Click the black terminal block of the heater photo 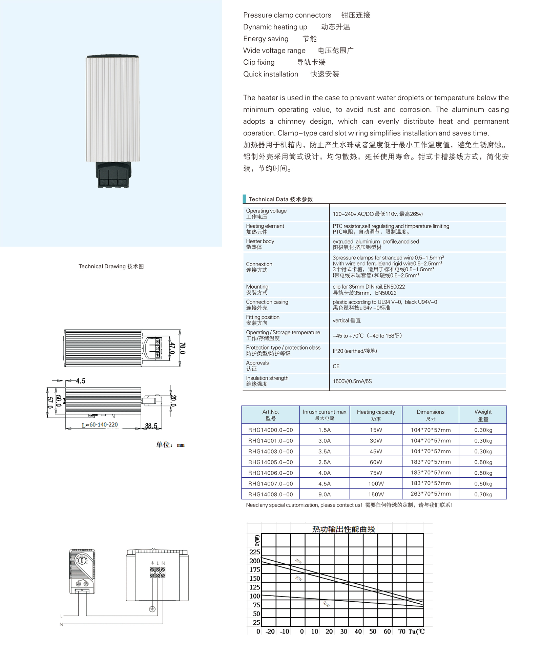click(113, 175)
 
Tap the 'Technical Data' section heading click(280, 199)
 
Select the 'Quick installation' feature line click(271, 74)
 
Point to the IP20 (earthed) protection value click(355, 351)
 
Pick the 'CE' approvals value click(336, 366)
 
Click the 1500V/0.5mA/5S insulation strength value click(352, 381)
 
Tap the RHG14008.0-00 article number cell click(270, 494)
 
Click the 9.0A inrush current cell click(324, 494)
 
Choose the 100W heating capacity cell click(376, 484)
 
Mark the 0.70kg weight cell click(483, 494)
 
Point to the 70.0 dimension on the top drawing click(183, 348)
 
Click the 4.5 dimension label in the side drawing click(81, 381)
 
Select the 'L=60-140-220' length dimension click(100, 425)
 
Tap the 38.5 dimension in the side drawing click(151, 426)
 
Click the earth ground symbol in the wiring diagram click(152, 609)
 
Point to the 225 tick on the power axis click(254, 552)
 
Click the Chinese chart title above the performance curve click(343, 529)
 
